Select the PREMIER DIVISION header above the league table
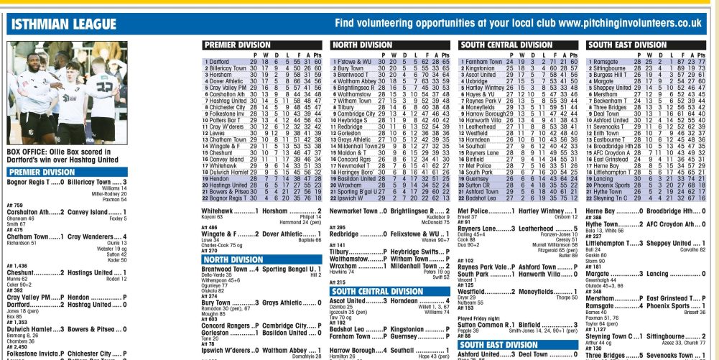tap(239, 45)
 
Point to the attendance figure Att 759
tap(15, 206)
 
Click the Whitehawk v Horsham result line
tap(261, 210)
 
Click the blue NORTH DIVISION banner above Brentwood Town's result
tap(233, 259)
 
